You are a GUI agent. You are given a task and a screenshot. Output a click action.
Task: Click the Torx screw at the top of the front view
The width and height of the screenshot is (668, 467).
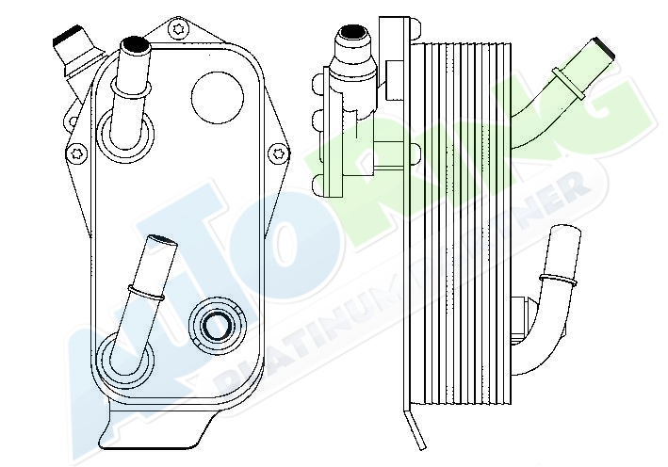pyautogui.click(x=178, y=29)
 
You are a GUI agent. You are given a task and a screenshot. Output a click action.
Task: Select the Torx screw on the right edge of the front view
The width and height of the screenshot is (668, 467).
pyautogui.click(x=279, y=151)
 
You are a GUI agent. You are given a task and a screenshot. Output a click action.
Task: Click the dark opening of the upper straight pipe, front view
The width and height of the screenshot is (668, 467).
pyautogui.click(x=133, y=44)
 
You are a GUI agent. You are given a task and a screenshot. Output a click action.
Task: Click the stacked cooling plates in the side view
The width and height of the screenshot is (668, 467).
pyautogui.click(x=462, y=235)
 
